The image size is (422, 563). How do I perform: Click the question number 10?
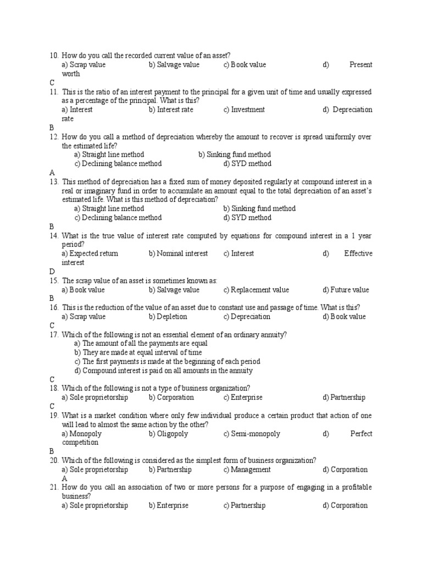[53, 56]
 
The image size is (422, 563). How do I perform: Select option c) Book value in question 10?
[245, 65]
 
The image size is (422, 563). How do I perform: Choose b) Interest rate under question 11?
[171, 109]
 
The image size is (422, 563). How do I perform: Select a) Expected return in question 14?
[90, 253]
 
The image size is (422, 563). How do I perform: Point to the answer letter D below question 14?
[52, 272]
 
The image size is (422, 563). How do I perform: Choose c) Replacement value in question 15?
[256, 290]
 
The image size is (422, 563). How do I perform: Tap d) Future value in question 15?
[346, 290]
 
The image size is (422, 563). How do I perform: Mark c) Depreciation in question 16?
[247, 317]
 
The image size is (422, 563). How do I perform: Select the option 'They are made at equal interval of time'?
[138, 352]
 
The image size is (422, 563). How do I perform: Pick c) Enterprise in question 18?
[243, 398]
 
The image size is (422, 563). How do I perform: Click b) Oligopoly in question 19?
[168, 434]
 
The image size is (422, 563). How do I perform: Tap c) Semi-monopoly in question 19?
[252, 434]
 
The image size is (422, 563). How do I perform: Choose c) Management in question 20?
[247, 470]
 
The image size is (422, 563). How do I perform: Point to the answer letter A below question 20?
[64, 478]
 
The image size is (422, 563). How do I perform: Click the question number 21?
[53, 488]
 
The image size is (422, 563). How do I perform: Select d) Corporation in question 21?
[345, 505]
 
